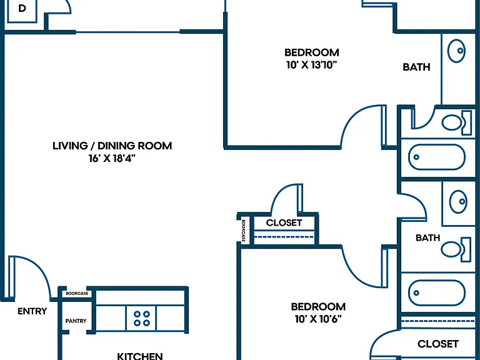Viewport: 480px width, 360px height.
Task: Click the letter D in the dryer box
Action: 22,9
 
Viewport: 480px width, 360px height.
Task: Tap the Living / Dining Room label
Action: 112,146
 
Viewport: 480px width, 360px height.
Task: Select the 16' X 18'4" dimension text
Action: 112,159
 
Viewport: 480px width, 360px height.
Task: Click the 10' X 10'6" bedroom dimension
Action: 318,319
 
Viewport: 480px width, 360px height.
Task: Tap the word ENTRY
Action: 32,311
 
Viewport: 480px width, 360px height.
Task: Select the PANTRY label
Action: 76,321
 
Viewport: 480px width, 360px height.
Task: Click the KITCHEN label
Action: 140,356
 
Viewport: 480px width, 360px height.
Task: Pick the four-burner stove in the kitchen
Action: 141,318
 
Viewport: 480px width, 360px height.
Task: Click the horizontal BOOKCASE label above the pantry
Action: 77,293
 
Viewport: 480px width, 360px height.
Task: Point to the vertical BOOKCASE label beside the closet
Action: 244,231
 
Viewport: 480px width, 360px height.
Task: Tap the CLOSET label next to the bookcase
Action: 284,223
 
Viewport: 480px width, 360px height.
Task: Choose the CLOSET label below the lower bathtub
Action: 438,344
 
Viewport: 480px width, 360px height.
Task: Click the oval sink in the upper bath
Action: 456,51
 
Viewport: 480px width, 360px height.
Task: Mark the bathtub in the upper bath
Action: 437,157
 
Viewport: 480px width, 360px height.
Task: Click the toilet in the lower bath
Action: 456,249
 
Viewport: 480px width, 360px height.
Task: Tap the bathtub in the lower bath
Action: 437,292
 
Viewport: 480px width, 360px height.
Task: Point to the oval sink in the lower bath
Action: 458,202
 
